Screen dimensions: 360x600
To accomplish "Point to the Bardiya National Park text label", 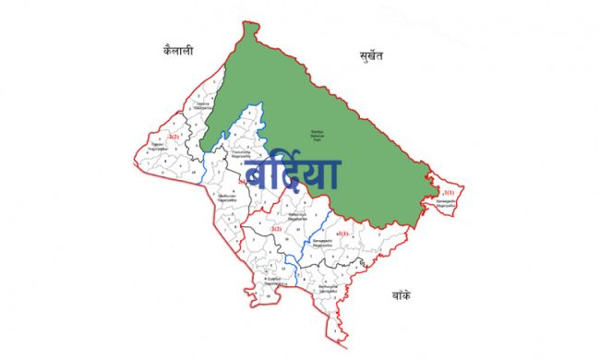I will click(x=318, y=135).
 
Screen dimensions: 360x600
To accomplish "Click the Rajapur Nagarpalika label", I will click(x=161, y=146).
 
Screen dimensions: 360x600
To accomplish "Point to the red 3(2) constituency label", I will click(x=275, y=227).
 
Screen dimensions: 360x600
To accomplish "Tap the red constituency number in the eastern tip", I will click(x=449, y=192).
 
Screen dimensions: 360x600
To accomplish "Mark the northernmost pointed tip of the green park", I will click(x=246, y=25).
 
